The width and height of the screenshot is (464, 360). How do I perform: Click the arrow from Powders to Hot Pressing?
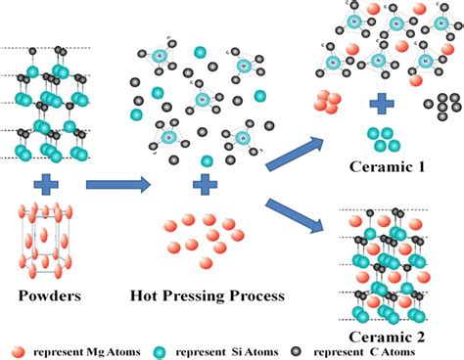coord(116,183)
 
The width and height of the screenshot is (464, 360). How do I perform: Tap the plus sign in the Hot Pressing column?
coord(204,183)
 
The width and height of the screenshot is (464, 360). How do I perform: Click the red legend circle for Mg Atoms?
coord(18,348)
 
